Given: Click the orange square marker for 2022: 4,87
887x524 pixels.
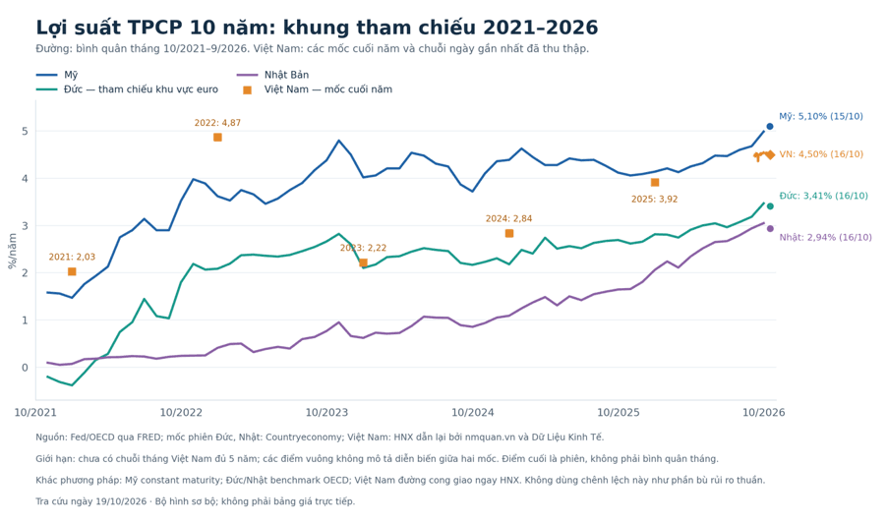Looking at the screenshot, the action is coord(217,138).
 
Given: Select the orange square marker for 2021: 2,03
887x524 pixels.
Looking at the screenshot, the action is coord(72,272).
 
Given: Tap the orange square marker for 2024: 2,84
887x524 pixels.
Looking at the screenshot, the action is coord(509,233).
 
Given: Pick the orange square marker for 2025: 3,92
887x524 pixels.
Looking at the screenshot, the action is coord(655,183).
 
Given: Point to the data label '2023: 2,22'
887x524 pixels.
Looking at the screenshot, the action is coord(363,248).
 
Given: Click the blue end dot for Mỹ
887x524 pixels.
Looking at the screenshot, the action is coord(770,127).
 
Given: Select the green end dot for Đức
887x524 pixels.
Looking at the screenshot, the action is coord(770,206).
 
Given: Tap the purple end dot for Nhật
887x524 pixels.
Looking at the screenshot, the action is coord(770,229).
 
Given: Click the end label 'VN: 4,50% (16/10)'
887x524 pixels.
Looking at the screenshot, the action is coord(821,154).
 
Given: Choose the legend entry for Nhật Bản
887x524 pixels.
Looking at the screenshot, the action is coord(272,75).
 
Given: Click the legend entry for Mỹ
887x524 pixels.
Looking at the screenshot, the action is coord(57,75).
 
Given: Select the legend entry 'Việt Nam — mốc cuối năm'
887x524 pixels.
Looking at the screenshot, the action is coord(318,89).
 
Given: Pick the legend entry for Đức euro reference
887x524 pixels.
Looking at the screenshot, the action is coord(127,89).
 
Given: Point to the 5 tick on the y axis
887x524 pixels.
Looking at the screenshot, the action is coord(25,131).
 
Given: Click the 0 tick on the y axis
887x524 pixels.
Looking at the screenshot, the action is coord(25,368).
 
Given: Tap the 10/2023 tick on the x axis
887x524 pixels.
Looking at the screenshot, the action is coord(326,413).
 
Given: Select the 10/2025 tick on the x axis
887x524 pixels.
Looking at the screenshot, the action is coord(619,413).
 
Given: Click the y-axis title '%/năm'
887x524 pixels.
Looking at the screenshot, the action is coord(13,251).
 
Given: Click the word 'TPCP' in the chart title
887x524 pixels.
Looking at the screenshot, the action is coord(155,28).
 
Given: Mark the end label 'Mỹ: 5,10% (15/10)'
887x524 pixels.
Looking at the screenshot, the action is coord(821,116).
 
